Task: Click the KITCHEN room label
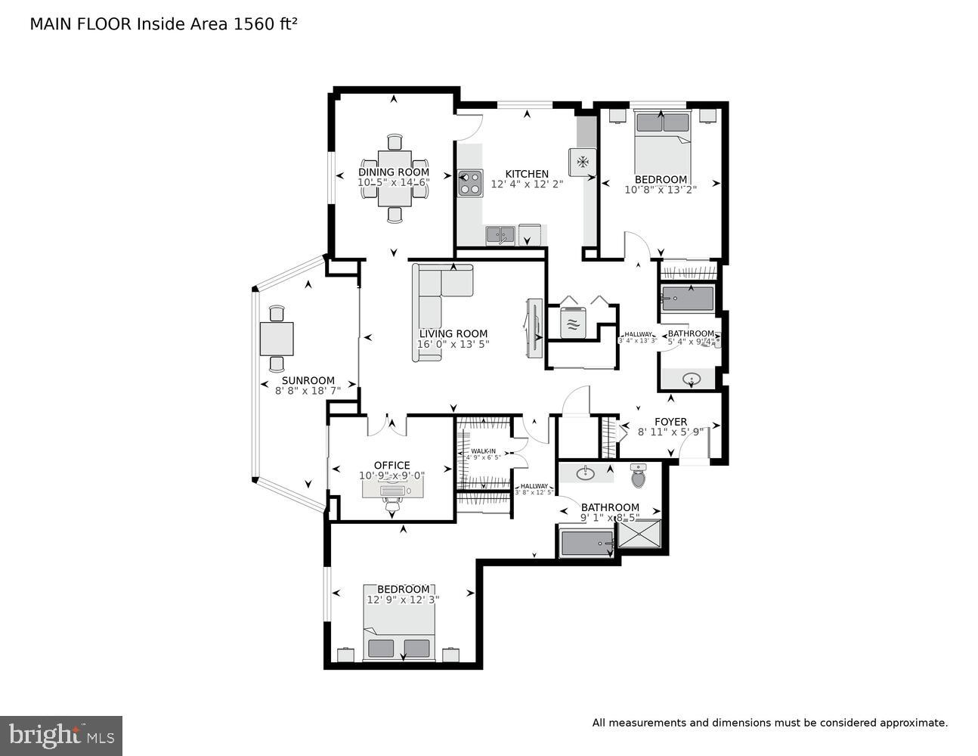click(527, 174)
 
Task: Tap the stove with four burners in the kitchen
click(470, 182)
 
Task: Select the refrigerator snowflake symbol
click(583, 161)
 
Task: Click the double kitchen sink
click(500, 234)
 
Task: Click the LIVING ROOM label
click(453, 333)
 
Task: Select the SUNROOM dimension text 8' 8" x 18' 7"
click(308, 391)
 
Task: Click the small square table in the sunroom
click(277, 339)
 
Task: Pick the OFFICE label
click(392, 466)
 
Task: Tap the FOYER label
click(670, 422)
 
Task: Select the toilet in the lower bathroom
click(639, 476)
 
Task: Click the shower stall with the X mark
click(639, 534)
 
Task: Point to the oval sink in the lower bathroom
click(585, 474)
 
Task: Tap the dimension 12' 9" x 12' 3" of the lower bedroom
click(404, 600)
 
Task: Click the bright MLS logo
click(61, 735)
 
